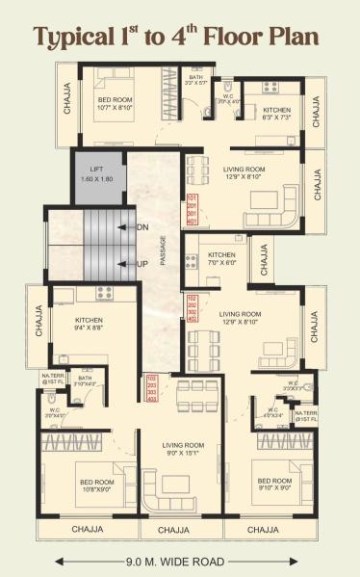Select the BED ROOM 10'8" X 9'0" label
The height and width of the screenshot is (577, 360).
pyautogui.click(x=98, y=485)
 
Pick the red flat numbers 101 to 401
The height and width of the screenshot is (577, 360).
pyautogui.click(x=192, y=210)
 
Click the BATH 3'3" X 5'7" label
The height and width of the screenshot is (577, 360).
pyautogui.click(x=196, y=81)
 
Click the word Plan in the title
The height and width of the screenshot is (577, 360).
pyautogui.click(x=296, y=38)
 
